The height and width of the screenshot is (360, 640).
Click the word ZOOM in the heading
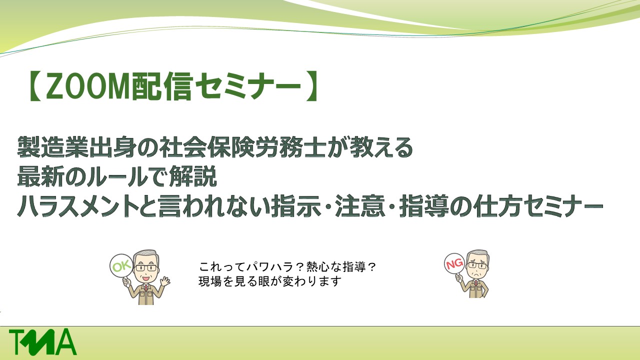pyautogui.click(x=87, y=86)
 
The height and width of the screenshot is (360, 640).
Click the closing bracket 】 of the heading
pyautogui.click(x=312, y=86)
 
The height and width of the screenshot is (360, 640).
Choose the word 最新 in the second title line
pyautogui.click(x=40, y=176)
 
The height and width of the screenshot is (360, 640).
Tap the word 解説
pyautogui.click(x=193, y=176)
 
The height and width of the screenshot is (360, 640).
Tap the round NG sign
pyautogui.click(x=454, y=263)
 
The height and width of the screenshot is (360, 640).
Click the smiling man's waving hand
pyautogui.click(x=165, y=281)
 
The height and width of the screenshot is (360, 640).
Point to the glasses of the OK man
pyautogui.click(x=146, y=268)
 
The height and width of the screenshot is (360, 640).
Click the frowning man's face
pyautogui.click(x=477, y=265)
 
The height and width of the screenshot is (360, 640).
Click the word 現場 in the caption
pyautogui.click(x=210, y=281)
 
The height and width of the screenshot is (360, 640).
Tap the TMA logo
pyautogui.click(x=43, y=341)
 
